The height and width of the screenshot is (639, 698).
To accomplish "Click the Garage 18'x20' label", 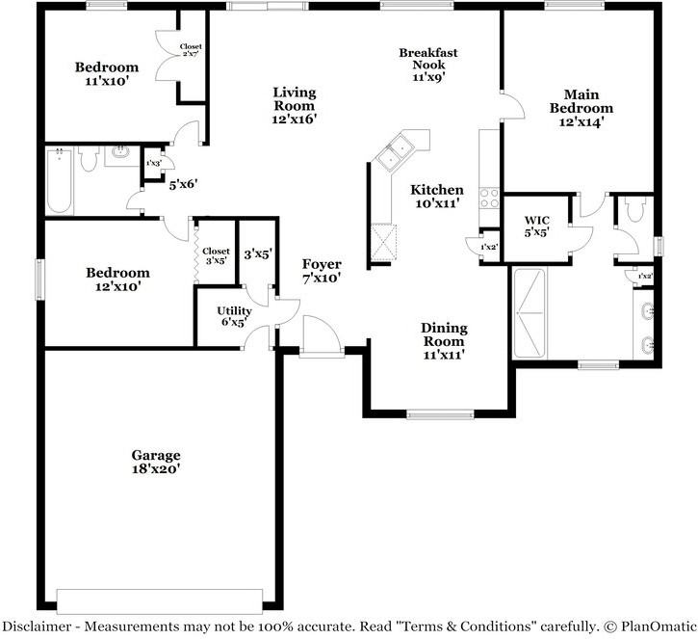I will click(156, 462).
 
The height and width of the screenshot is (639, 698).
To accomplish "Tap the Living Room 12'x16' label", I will click(294, 105).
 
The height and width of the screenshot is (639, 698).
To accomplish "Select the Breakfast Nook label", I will click(428, 65).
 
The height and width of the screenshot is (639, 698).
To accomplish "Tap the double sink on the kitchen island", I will click(396, 150).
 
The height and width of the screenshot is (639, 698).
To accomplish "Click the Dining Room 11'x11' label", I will click(443, 341).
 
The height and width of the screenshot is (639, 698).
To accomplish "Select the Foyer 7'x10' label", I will click(322, 270).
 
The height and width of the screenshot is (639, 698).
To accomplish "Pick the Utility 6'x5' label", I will click(234, 316).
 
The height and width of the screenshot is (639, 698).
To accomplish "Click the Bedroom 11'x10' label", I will click(107, 74).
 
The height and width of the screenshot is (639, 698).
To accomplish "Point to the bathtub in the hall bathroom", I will click(59, 181).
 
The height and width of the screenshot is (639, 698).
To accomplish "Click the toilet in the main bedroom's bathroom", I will click(633, 209).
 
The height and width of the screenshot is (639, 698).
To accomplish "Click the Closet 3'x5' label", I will click(216, 255).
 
